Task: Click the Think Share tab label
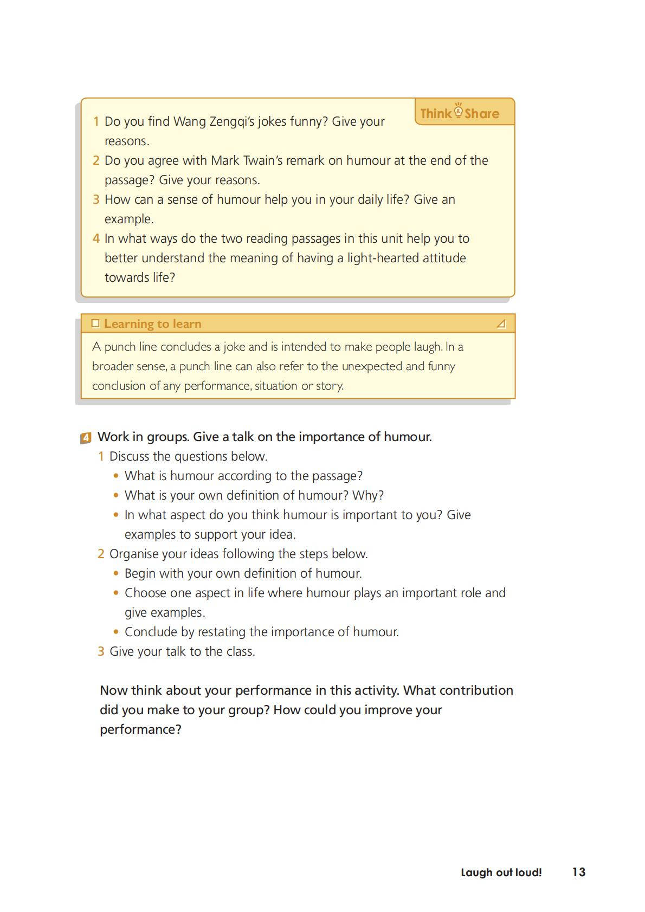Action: point(460,113)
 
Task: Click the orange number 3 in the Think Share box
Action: point(96,199)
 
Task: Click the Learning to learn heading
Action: point(153,324)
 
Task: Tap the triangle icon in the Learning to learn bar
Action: point(501,324)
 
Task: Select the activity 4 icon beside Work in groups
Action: point(86,437)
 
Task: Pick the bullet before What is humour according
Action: point(116,476)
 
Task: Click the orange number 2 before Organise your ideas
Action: point(101,554)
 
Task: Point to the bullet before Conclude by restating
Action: point(116,632)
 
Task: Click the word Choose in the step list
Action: point(143,593)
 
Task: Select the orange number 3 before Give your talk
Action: point(101,651)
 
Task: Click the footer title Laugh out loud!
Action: point(501,872)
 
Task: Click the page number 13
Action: point(578,872)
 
